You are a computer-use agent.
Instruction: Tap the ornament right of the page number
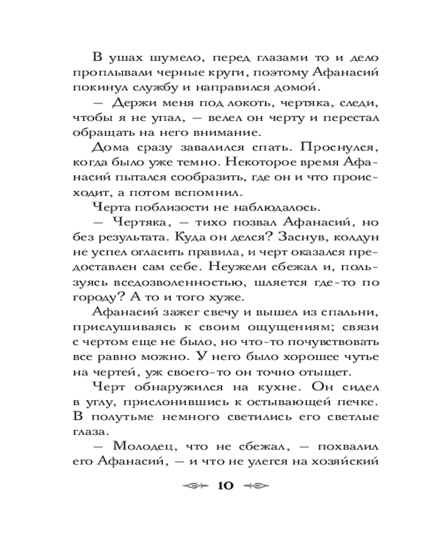[255, 486]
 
